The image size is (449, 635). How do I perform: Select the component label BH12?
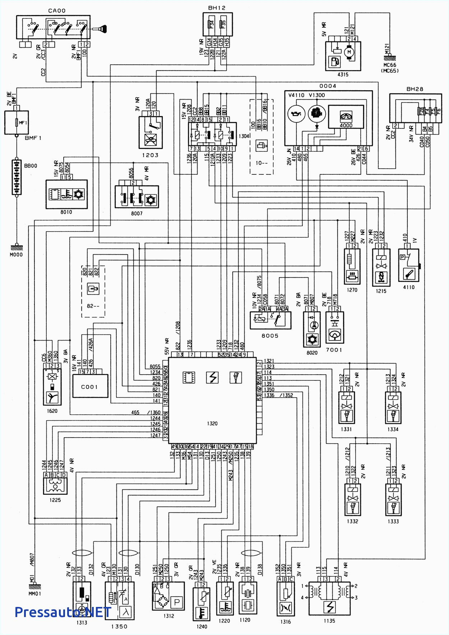[217, 8]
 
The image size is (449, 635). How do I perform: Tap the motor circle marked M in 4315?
[349, 52]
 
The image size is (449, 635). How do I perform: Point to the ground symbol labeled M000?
[16, 248]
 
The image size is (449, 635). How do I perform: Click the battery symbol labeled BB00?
[17, 177]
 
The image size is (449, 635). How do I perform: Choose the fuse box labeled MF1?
[17, 123]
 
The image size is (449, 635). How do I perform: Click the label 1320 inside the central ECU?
[212, 423]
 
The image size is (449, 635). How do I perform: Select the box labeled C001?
[90, 387]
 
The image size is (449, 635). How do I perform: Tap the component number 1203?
[150, 155]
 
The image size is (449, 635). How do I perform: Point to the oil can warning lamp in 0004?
[296, 114]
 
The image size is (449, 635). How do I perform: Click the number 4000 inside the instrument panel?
[346, 125]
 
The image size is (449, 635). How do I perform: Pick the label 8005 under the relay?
[270, 335]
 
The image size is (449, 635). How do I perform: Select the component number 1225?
[55, 500]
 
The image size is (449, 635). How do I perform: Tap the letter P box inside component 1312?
[177, 602]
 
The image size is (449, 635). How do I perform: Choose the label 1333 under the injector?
[393, 521]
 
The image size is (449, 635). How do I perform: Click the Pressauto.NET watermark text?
[63, 612]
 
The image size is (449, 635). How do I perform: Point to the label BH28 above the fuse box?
[415, 89]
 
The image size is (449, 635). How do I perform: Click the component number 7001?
[334, 350]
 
